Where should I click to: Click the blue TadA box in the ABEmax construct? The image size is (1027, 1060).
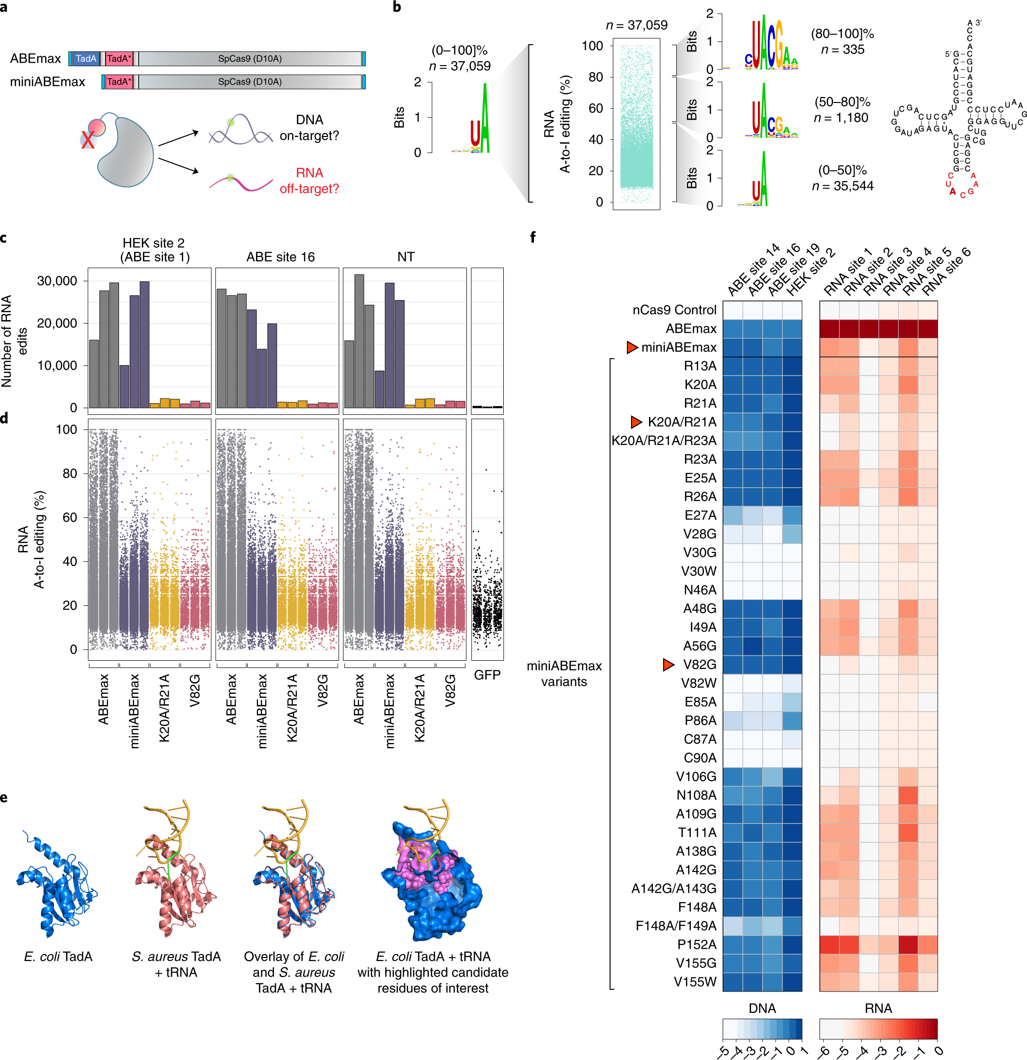coord(86,58)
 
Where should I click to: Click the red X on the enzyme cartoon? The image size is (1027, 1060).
coord(87,140)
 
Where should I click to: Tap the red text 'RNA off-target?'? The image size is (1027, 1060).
coord(309,181)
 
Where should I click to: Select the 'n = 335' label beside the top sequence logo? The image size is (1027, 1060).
coord(842,50)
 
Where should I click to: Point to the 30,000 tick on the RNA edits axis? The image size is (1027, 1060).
coord(57,281)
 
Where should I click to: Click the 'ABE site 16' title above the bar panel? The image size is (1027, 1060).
coord(280,257)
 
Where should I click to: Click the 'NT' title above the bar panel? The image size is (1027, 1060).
coord(406,257)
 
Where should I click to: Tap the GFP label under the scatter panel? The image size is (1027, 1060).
coord(487,674)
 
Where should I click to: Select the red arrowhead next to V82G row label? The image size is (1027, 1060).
coord(668,665)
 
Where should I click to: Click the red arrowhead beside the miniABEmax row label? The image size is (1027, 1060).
coord(632,347)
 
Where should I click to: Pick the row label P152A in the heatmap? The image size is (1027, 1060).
coord(697,944)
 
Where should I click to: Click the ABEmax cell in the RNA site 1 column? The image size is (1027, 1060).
coord(830,329)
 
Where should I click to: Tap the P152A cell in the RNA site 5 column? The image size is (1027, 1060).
coord(908,944)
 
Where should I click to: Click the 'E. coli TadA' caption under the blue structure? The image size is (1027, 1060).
coord(58,957)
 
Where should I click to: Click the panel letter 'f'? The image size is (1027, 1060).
coord(533,237)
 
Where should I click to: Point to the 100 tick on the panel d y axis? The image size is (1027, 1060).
coord(66,429)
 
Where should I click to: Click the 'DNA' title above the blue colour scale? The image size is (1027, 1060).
coord(762,1008)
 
